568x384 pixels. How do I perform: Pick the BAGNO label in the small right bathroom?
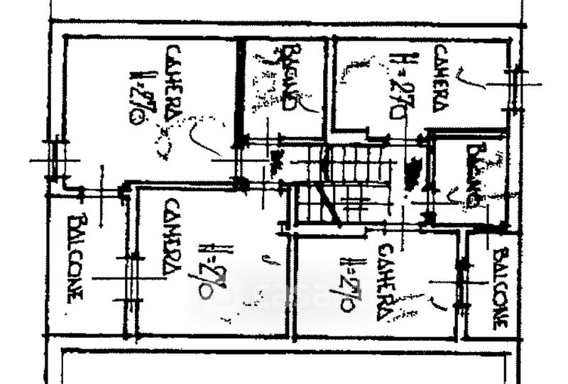(473, 175)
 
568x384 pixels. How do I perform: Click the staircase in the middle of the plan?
(344, 183)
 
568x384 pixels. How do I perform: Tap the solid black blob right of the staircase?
(411, 175)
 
